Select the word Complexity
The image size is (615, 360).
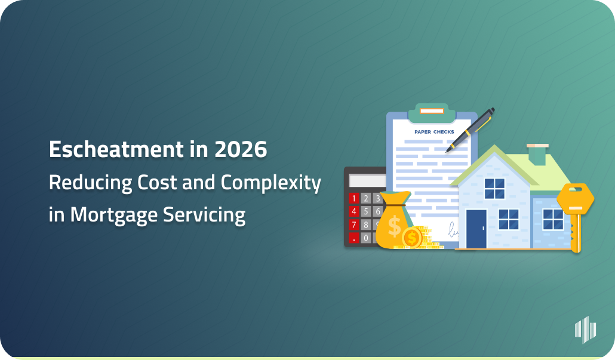click(271, 183)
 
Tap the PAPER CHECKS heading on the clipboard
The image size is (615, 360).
click(434, 132)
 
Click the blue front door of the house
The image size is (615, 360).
click(476, 228)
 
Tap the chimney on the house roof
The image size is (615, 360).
click(537, 154)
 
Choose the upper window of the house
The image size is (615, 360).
click(494, 189)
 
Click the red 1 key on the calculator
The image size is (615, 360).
click(353, 198)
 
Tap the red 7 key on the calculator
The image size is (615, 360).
click(353, 224)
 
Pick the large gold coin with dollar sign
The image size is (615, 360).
click(412, 238)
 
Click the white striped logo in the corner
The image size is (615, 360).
click(585, 330)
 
